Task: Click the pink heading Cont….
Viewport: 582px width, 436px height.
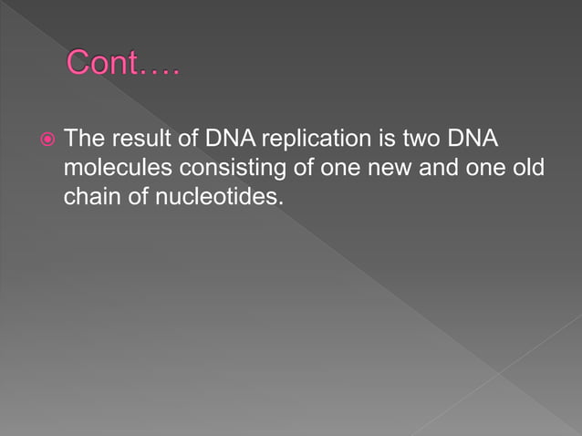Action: point(124,64)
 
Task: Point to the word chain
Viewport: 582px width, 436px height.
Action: point(90,196)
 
